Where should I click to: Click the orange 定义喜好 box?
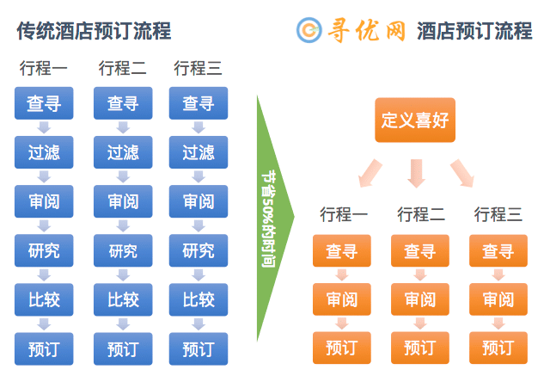click(x=415, y=120)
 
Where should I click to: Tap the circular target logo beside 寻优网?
click(x=309, y=30)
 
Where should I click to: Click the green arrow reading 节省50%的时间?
click(x=276, y=218)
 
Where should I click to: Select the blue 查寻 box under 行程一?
click(x=44, y=103)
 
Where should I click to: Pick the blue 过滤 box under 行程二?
click(x=123, y=152)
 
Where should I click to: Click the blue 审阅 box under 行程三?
click(x=199, y=201)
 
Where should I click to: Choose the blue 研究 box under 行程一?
click(x=44, y=250)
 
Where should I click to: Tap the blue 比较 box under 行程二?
click(x=123, y=300)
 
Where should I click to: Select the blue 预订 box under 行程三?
click(x=199, y=349)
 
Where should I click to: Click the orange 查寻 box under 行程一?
click(x=342, y=250)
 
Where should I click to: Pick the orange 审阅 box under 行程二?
click(x=420, y=299)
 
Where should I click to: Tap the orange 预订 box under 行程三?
click(x=498, y=348)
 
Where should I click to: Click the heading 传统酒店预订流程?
click(x=94, y=31)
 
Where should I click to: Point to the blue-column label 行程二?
click(x=122, y=68)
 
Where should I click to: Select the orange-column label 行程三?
click(x=498, y=214)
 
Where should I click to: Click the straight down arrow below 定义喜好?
click(x=416, y=174)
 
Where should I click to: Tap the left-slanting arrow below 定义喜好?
click(x=370, y=174)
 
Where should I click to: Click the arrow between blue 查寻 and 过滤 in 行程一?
click(x=44, y=128)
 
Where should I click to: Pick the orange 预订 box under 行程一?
click(x=342, y=348)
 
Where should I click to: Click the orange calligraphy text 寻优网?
click(x=367, y=31)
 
